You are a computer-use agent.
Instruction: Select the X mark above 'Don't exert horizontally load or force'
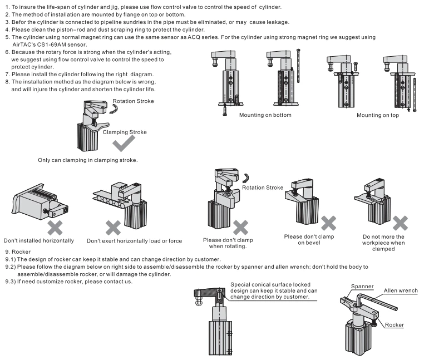coord(113,227)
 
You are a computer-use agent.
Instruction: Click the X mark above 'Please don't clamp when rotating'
coord(240,227)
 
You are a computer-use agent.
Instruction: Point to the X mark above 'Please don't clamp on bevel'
coord(329,222)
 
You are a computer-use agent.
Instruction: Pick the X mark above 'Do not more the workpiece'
coord(400,223)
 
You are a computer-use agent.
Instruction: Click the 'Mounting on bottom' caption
coord(265,115)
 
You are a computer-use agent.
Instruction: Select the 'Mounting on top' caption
coord(378,115)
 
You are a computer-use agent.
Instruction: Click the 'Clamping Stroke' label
coord(126,132)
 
